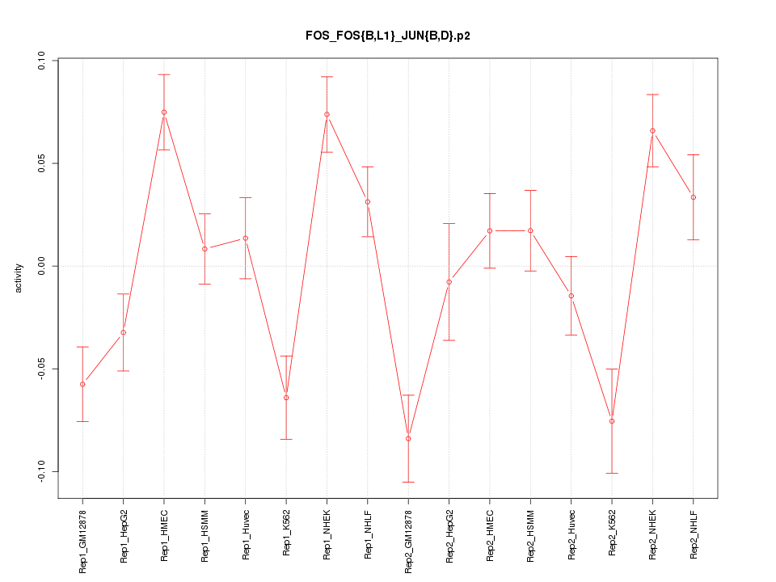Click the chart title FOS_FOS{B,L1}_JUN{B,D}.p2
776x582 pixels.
pos(387,36)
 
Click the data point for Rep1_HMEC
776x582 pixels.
pos(164,112)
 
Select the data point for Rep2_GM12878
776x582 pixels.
pos(408,438)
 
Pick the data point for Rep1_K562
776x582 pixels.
pos(286,398)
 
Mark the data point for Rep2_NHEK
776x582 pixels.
pos(652,131)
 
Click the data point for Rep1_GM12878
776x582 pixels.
pos(82,384)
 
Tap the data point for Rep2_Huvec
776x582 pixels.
pos(571,296)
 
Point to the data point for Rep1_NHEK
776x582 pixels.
pos(327,114)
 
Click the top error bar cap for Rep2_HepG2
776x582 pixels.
pos(449,223)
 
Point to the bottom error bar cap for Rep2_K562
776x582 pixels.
pos(612,473)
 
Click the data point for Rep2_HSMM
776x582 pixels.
pos(530,230)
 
